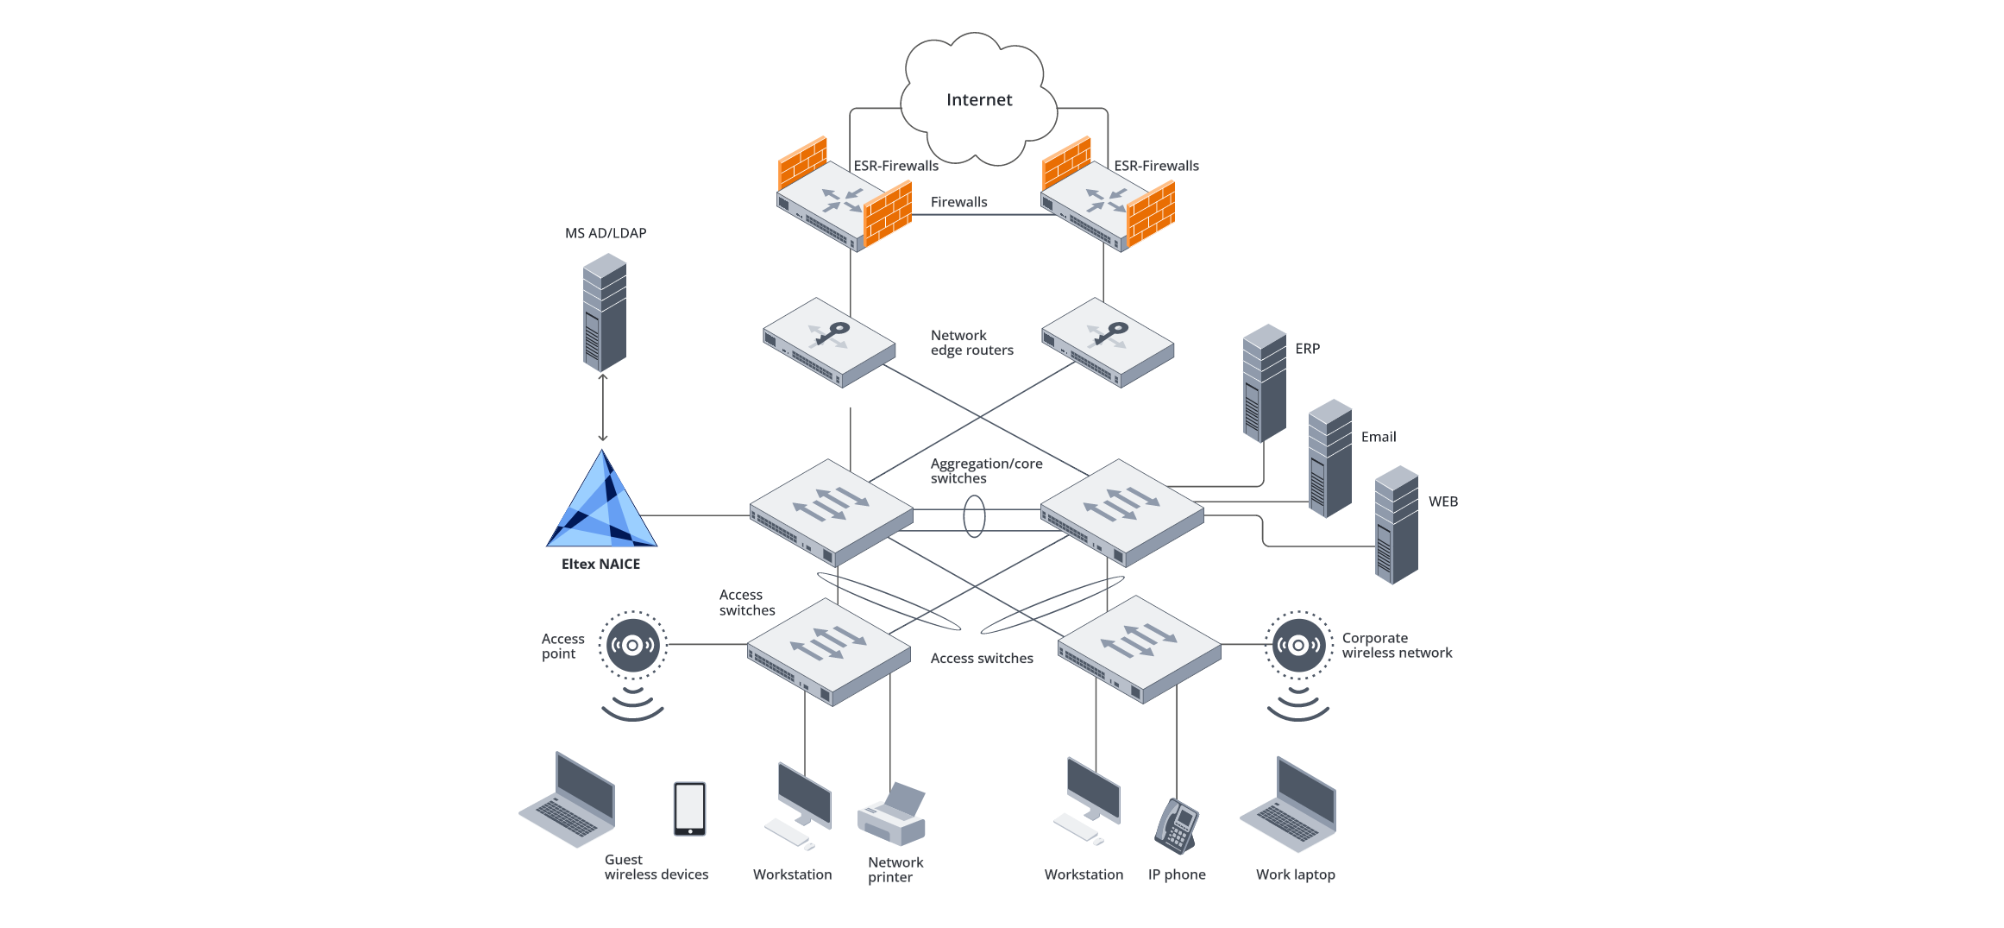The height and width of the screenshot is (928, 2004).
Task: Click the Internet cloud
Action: pyautogui.click(x=978, y=99)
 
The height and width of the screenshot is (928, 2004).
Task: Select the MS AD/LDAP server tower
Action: pyautogui.click(x=604, y=312)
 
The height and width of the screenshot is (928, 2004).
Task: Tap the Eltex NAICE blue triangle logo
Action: pyautogui.click(x=602, y=505)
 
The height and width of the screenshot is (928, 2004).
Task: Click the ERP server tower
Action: pyautogui.click(x=1264, y=383)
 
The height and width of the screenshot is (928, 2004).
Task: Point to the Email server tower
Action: pyautogui.click(x=1329, y=458)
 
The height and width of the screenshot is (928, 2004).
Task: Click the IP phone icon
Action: pyautogui.click(x=1177, y=825)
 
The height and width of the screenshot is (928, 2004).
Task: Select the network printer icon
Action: pyautogui.click(x=892, y=815)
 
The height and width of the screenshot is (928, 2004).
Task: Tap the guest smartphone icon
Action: pyautogui.click(x=689, y=809)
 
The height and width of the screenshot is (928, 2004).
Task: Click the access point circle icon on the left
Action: pyautogui.click(x=632, y=645)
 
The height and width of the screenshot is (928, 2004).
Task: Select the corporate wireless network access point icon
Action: pyautogui.click(x=1297, y=645)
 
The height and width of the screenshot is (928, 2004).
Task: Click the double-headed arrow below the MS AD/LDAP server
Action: pyautogui.click(x=603, y=407)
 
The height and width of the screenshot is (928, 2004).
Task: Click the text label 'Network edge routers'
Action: pyautogui.click(x=971, y=343)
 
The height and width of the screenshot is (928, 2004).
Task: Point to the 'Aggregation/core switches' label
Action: pyautogui.click(x=985, y=470)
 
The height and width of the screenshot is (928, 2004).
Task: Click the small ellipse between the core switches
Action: pyautogui.click(x=974, y=516)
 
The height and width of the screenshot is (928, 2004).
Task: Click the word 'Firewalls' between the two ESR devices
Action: pyautogui.click(x=958, y=202)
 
